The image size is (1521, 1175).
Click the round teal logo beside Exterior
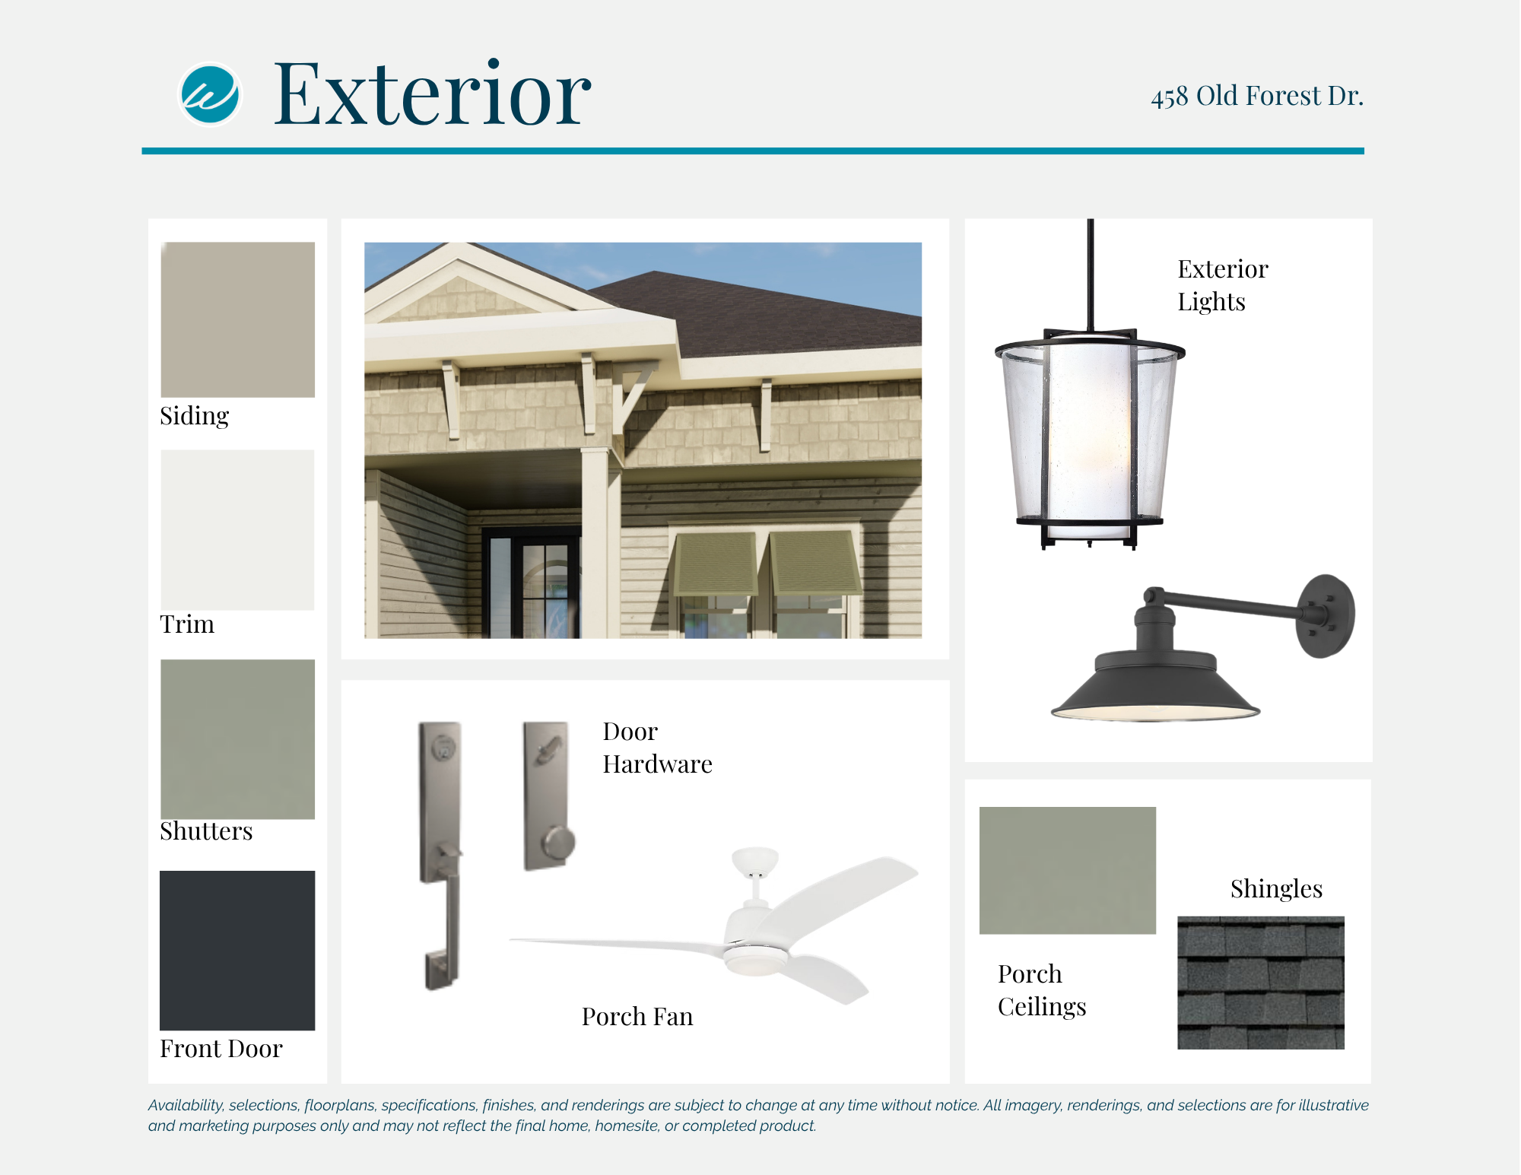(210, 94)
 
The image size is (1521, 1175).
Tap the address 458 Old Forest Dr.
(1257, 97)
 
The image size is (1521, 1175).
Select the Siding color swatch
(238, 319)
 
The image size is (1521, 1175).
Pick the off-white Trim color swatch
(238, 530)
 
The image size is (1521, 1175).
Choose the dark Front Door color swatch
(237, 951)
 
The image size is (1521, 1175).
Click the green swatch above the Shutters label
(238, 739)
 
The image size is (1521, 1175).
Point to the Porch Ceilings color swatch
(1068, 870)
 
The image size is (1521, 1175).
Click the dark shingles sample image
(1261, 983)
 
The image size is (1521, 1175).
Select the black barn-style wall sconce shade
(1155, 684)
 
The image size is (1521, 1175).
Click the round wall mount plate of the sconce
(1326, 616)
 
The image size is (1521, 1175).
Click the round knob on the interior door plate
(559, 843)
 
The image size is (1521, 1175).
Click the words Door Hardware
(658, 748)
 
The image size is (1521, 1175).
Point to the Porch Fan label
(637, 1017)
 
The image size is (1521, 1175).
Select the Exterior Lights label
(1223, 285)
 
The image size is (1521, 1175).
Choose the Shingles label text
(1276, 889)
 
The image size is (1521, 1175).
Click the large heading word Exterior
(432, 94)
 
